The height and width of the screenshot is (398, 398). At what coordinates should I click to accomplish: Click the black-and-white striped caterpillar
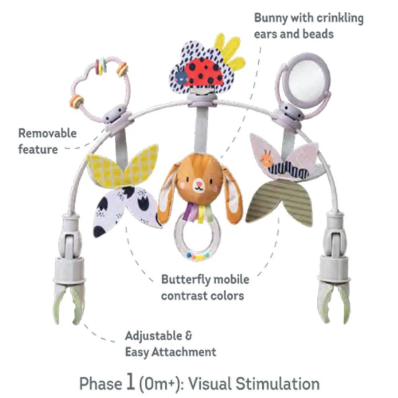tap(289, 169)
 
